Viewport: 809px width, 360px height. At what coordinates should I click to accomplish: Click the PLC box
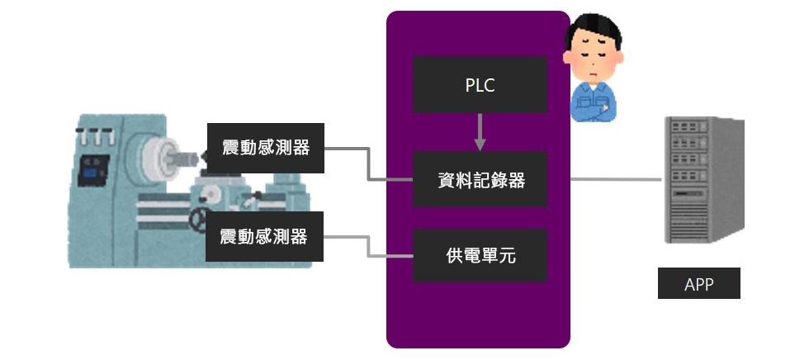point(480,84)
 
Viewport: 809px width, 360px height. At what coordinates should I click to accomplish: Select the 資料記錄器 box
point(480,179)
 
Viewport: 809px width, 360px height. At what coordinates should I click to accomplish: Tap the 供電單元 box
point(480,255)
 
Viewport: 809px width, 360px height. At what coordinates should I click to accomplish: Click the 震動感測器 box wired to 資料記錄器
point(265,149)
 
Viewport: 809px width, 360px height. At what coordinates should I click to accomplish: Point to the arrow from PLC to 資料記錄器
point(480,132)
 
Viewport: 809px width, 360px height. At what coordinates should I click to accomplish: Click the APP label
point(698,285)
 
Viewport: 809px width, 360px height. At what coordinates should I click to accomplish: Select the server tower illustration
point(703,180)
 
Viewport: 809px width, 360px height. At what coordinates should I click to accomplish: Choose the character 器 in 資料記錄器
point(516,179)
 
